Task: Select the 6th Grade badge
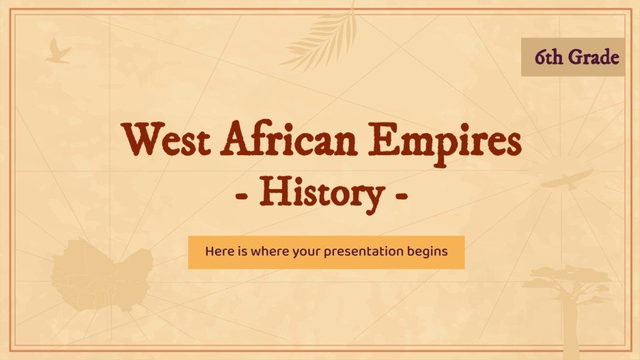[572, 57]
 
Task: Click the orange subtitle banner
[326, 251]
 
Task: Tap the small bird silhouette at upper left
[57, 52]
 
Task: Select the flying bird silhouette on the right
[566, 180]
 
